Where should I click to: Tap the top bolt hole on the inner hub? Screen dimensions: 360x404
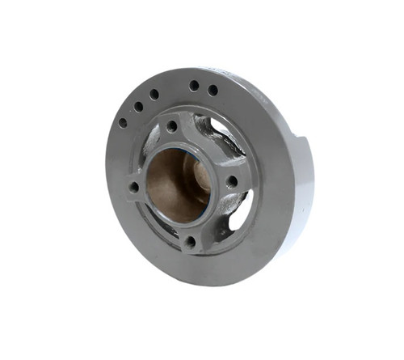point(171,127)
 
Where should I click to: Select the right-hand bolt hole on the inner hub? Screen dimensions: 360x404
point(232,182)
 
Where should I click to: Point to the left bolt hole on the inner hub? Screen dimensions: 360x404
point(133,187)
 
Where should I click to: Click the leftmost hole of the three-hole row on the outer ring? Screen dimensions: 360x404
point(123,123)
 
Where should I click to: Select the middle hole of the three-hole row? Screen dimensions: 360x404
point(138,106)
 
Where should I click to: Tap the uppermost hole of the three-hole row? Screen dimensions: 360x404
point(154,94)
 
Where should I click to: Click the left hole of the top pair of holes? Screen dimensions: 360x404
point(194,85)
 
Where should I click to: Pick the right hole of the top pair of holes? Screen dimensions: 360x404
point(213,90)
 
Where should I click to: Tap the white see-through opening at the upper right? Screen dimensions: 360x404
point(222,127)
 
